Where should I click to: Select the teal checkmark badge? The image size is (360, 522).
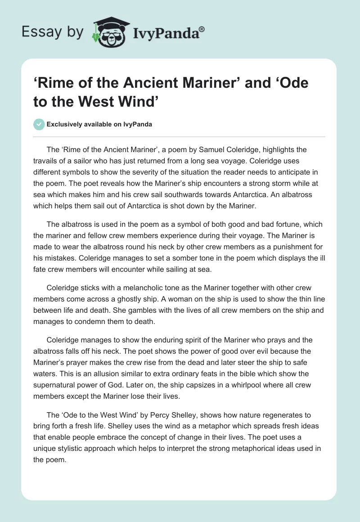coord(39,125)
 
